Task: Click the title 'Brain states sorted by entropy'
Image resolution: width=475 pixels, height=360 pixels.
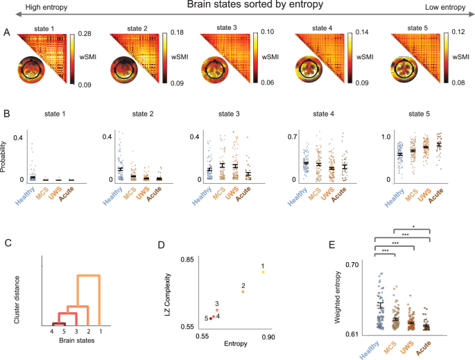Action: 241,6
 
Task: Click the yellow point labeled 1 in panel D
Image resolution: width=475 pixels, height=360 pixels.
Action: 263,272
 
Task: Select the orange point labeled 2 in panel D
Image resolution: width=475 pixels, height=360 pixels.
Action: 243,291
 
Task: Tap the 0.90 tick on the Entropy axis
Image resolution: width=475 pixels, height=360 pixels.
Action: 268,336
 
